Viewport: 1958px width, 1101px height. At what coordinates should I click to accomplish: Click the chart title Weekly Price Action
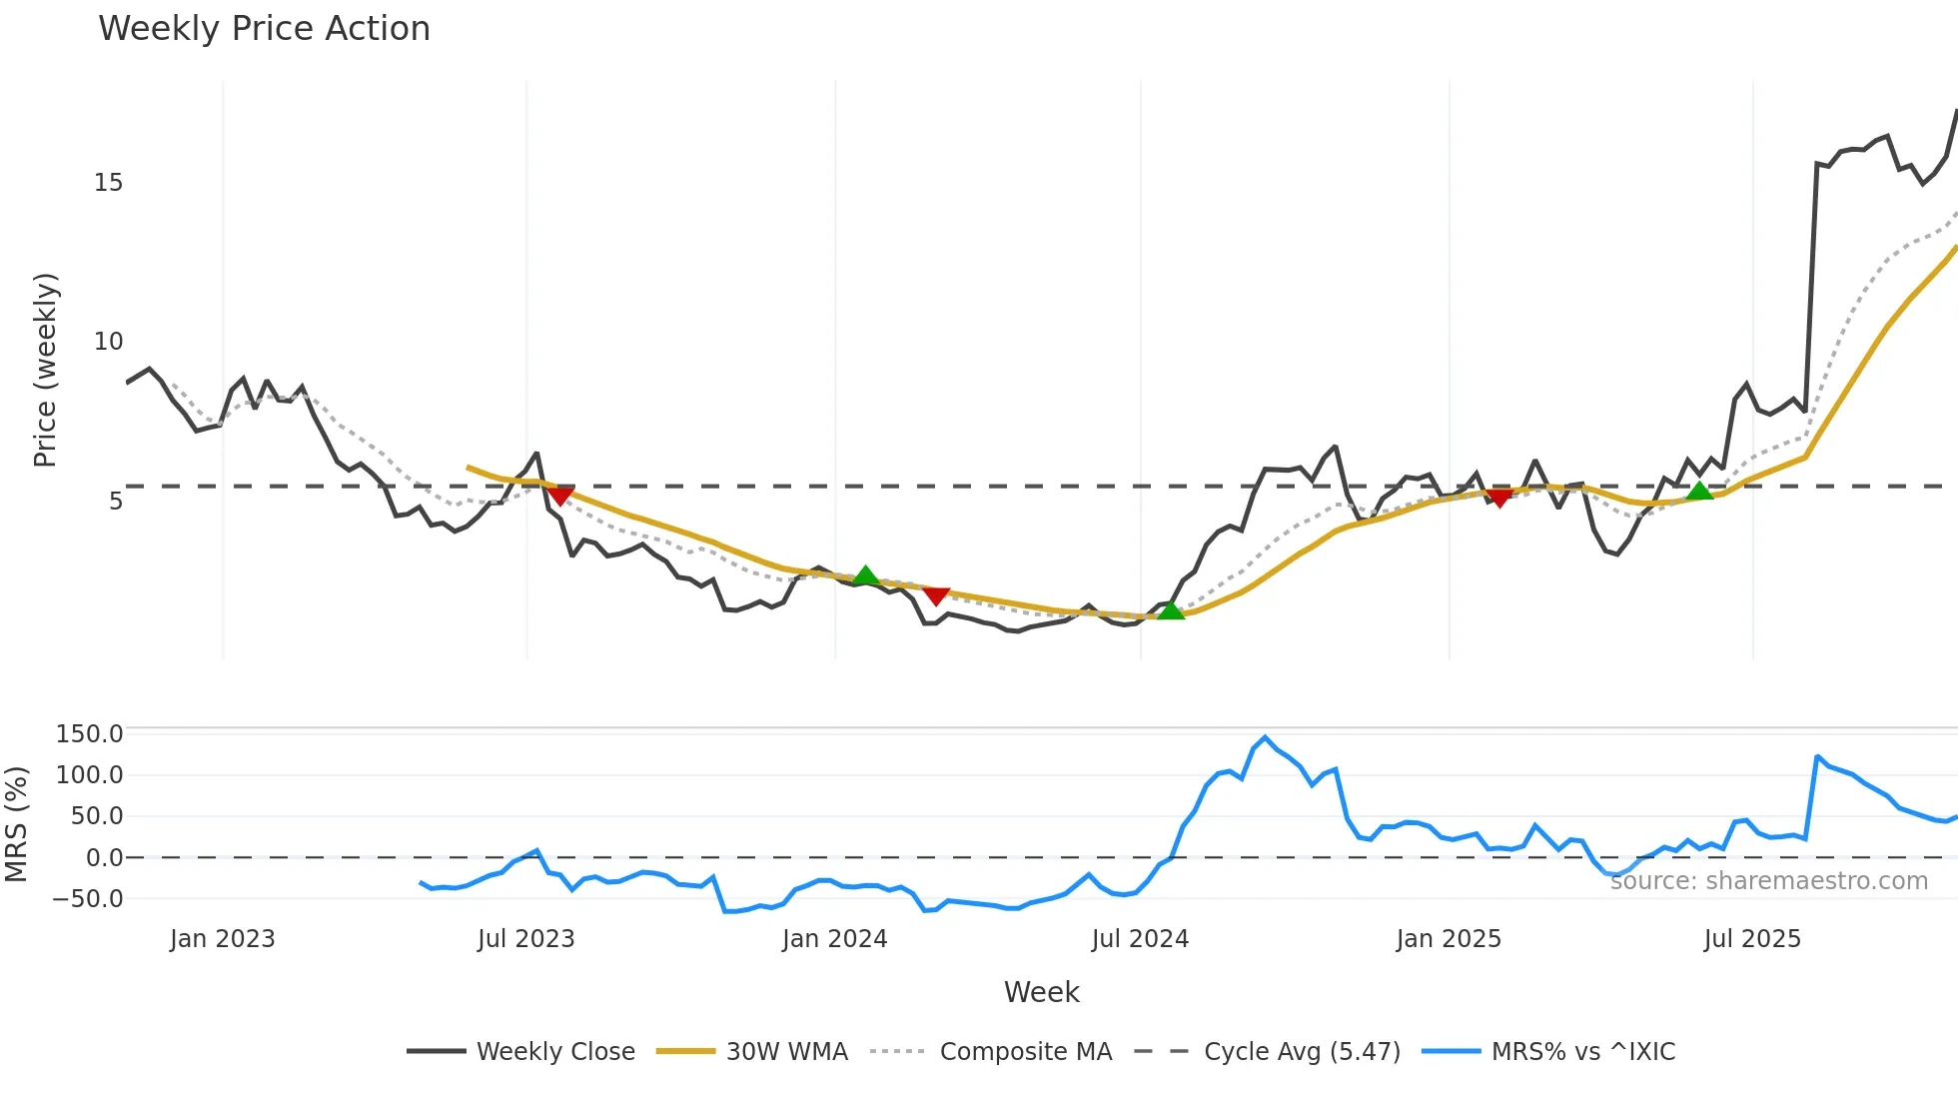264,29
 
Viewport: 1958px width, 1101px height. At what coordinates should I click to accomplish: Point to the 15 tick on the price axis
108,183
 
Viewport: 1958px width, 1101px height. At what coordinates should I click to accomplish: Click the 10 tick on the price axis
108,342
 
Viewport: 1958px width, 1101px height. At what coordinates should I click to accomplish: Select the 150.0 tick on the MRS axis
90,734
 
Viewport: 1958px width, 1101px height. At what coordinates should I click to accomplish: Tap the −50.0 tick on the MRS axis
88,899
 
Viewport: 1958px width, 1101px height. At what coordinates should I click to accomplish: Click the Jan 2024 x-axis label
834,939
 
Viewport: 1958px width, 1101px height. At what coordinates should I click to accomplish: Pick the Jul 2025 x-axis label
1752,939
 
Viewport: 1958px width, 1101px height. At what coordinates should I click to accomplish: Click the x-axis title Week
1041,992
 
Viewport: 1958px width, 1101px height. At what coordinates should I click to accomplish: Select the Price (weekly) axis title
46,370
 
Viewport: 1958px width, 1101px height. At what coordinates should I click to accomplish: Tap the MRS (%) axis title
16,824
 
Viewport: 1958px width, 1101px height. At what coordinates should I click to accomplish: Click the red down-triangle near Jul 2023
560,496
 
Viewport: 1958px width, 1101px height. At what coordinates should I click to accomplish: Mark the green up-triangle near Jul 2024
1170,609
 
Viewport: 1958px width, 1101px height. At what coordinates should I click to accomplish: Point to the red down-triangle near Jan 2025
1498,498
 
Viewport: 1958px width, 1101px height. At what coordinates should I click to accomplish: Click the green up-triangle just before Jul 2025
1699,491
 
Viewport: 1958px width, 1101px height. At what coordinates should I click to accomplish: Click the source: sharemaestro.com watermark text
1768,881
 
